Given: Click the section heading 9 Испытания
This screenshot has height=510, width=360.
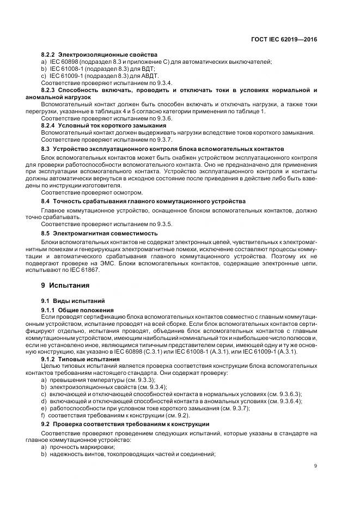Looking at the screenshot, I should (65, 285).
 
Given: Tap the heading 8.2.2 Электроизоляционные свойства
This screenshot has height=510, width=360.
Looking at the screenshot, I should (99, 54).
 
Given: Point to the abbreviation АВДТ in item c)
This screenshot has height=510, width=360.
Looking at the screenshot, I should (150, 76).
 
